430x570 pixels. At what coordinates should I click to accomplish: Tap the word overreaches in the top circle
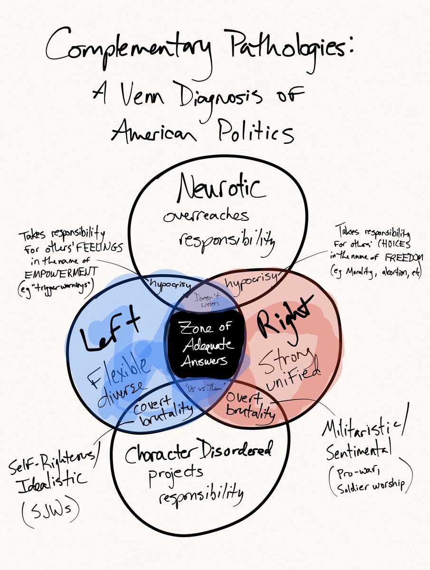[x=206, y=217]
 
